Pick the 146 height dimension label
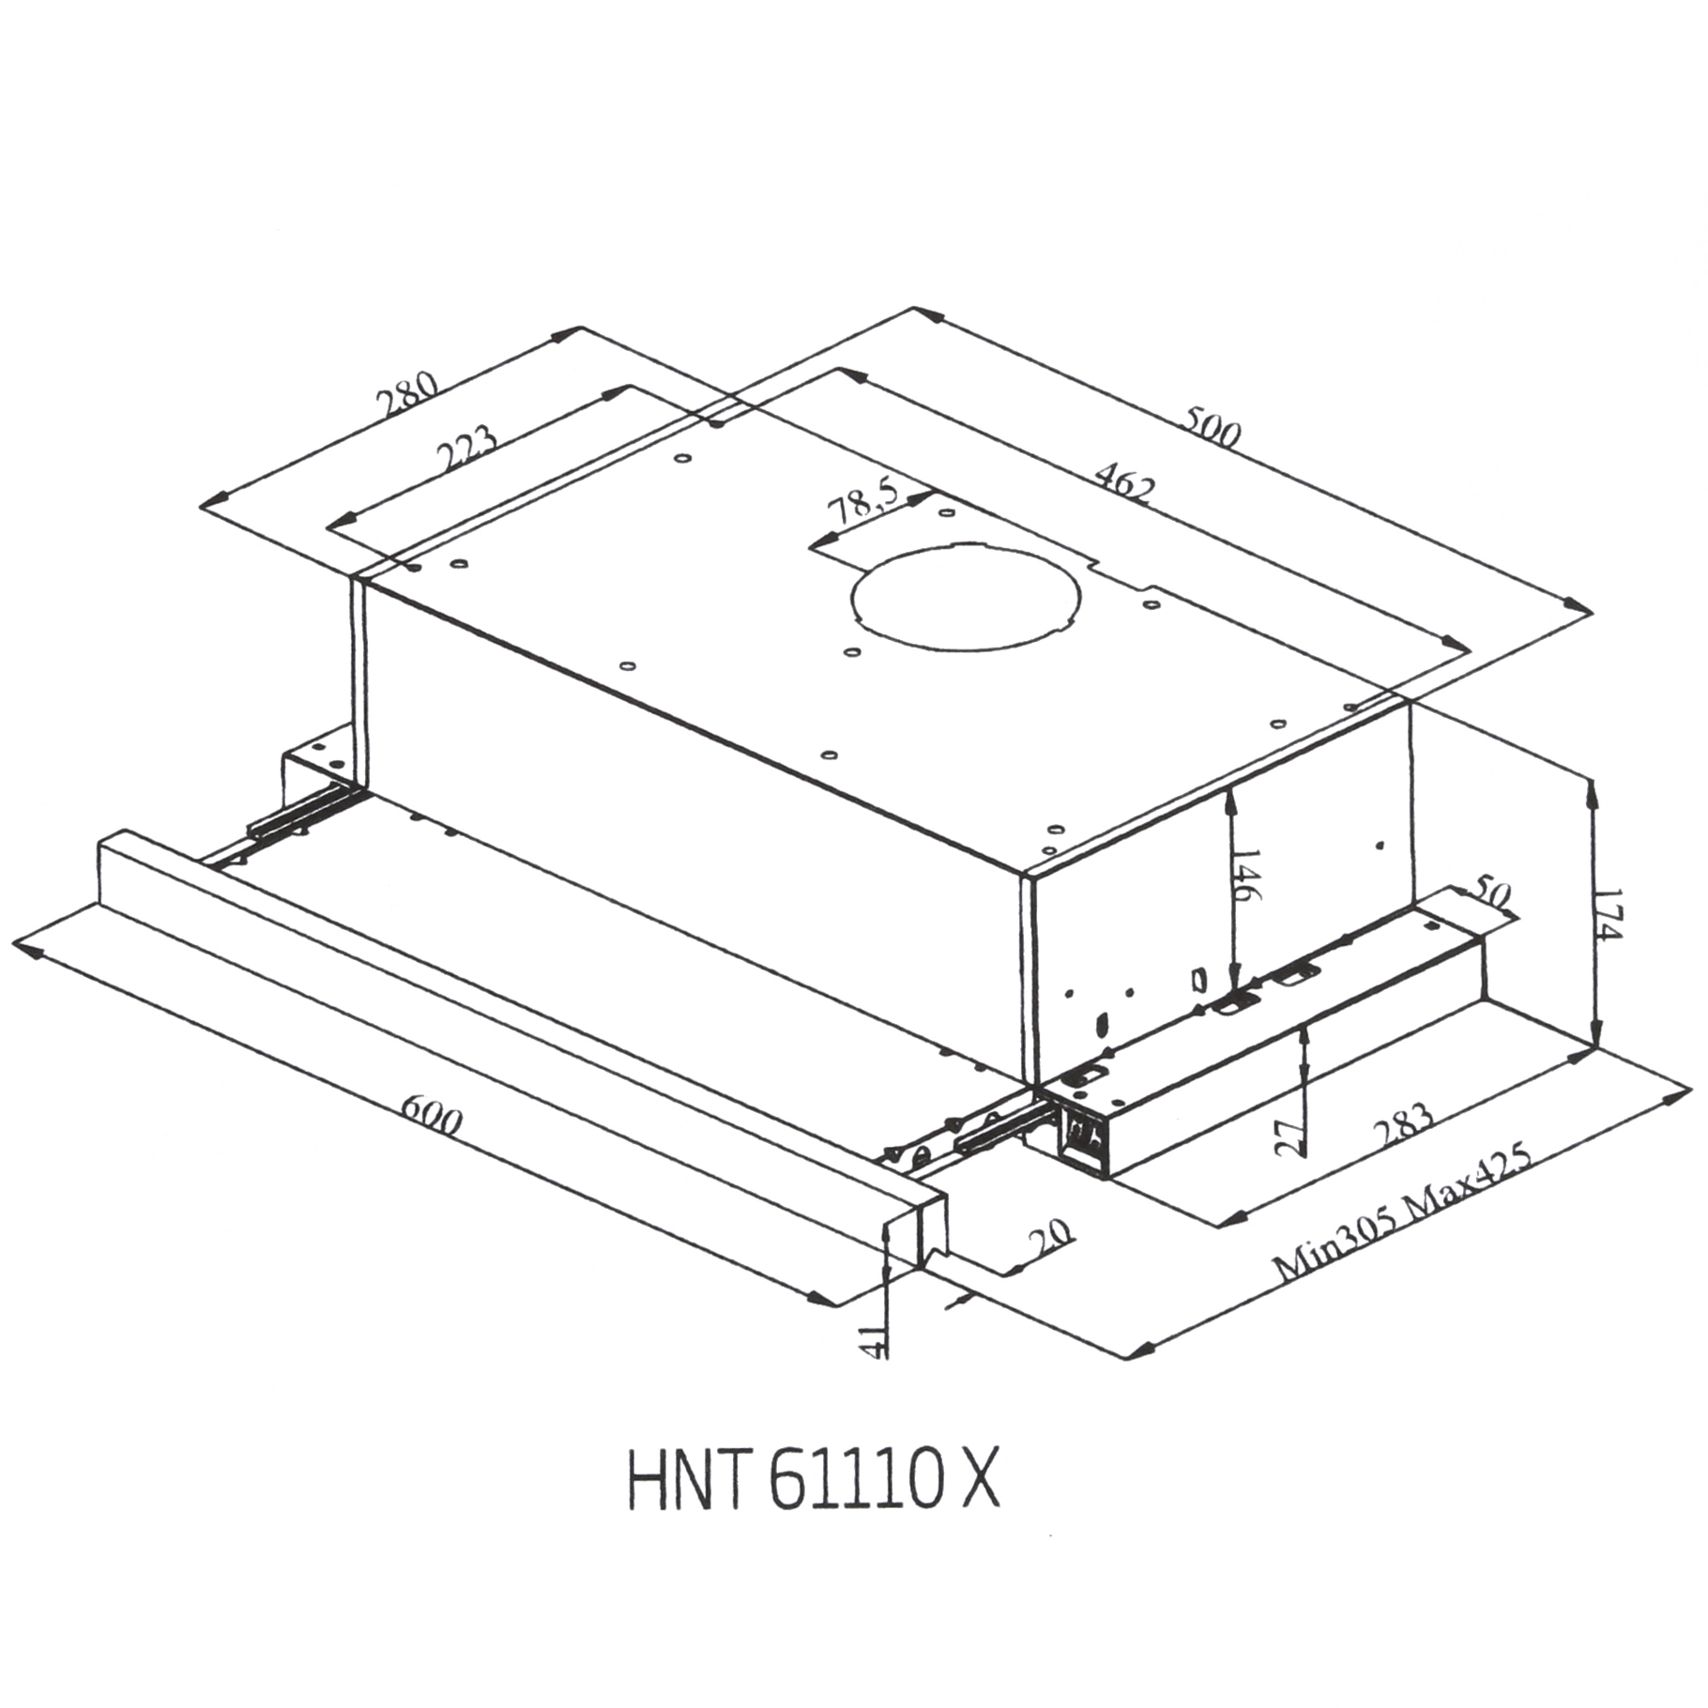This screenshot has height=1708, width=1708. (x=1245, y=874)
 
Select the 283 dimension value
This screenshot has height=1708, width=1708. (x=1405, y=1126)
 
